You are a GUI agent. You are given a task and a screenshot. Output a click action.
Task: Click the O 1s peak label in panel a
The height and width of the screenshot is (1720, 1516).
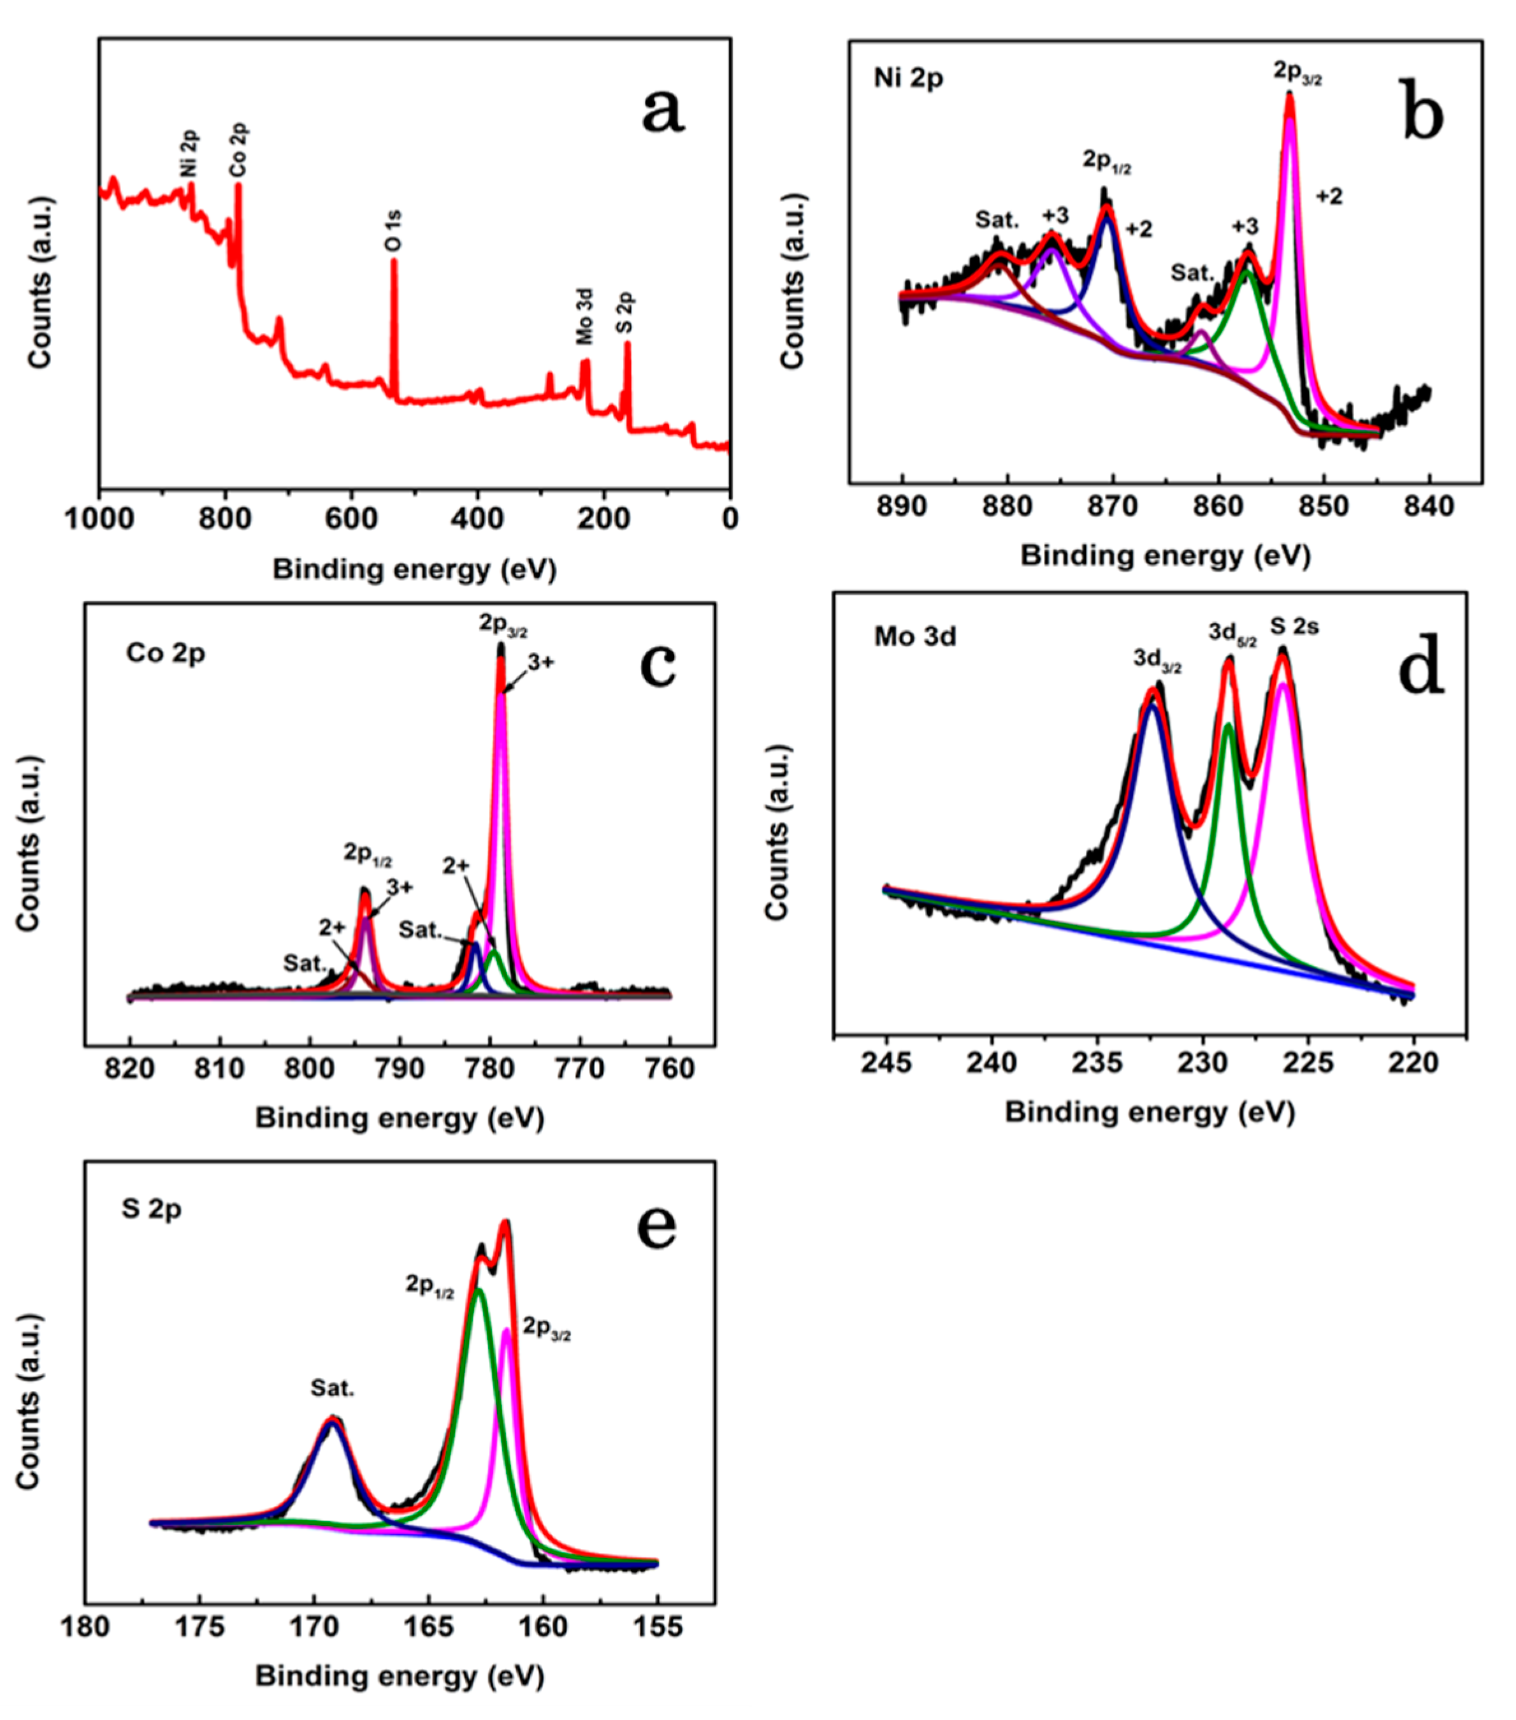click(393, 231)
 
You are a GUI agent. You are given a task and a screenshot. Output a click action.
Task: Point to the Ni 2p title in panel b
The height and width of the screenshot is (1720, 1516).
click(909, 79)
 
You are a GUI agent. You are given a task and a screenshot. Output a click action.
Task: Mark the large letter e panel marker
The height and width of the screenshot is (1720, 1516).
click(656, 1228)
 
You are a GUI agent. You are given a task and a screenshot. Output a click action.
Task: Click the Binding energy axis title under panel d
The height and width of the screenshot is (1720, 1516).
click(1149, 1112)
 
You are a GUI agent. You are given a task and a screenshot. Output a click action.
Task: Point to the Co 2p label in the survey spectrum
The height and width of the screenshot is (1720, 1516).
click(239, 150)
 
